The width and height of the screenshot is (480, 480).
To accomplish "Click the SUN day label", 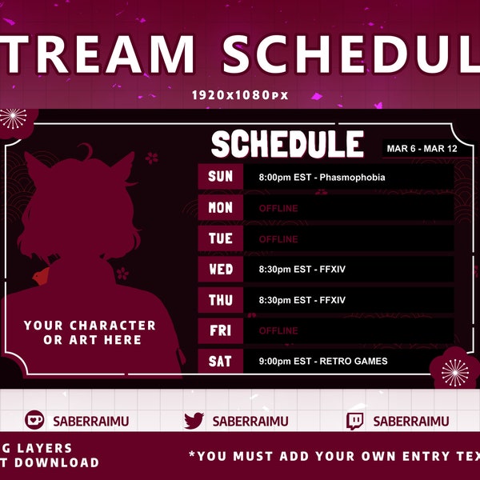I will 220,177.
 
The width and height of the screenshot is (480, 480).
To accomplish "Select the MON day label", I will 220,208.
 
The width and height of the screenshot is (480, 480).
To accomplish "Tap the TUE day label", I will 220,238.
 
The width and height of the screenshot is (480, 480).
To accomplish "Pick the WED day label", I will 220,270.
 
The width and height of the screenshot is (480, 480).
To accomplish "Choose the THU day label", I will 220,300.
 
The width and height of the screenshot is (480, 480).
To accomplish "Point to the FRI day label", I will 220,330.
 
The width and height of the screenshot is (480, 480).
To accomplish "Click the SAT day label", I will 220,362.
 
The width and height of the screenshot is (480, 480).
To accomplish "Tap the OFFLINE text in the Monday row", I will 278,209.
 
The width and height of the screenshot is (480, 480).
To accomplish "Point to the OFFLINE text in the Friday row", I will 278,331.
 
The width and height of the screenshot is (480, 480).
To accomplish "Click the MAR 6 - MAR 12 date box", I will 417,149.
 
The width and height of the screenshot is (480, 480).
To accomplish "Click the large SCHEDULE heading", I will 287,145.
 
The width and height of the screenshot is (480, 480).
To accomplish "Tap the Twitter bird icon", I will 194,421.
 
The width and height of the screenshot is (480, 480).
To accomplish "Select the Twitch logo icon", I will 355,421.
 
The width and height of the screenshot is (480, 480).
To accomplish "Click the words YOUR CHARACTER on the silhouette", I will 90,326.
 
